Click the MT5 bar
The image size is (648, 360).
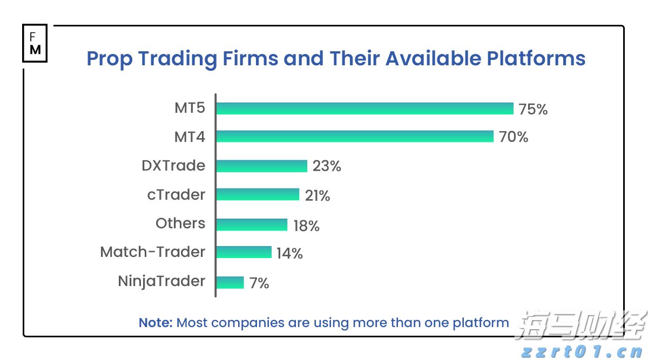click(x=364, y=108)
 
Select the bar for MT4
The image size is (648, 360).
click(x=355, y=137)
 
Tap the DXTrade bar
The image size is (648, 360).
click(x=261, y=166)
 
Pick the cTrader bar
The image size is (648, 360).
click(x=258, y=194)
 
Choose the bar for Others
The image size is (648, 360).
click(x=252, y=225)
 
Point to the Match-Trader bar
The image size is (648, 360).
click(x=244, y=252)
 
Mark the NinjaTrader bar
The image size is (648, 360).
click(x=230, y=282)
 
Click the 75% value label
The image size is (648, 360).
click(x=533, y=110)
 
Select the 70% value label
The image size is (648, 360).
click(x=514, y=137)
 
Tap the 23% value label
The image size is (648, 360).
click(x=327, y=166)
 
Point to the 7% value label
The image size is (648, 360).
click(x=259, y=283)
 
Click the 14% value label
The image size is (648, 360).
click(x=289, y=253)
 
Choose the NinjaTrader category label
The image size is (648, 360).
click(x=161, y=281)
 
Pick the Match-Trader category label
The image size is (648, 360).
click(x=153, y=252)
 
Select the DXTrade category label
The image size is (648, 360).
click(x=173, y=165)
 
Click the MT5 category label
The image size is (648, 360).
click(x=190, y=108)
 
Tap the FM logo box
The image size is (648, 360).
click(x=35, y=43)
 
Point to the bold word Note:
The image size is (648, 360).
click(x=156, y=323)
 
